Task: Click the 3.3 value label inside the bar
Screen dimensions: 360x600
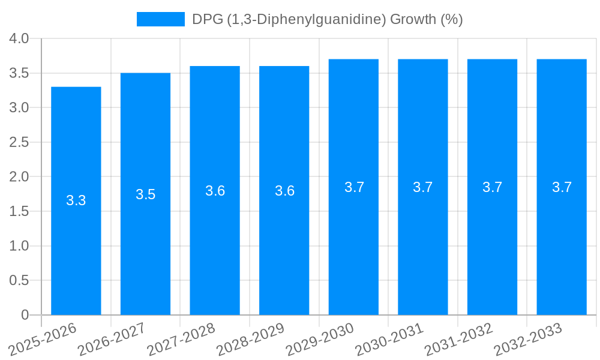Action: tap(76, 200)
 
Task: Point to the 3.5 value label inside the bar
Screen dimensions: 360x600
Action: tap(145, 194)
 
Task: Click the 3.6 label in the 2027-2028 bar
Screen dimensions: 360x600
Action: tap(215, 191)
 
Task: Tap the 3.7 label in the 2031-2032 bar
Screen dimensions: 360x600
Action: tap(492, 187)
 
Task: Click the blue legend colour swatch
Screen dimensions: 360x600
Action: tap(160, 19)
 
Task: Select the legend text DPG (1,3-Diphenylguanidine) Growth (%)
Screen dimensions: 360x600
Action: tap(327, 19)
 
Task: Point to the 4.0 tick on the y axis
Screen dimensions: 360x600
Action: tap(19, 39)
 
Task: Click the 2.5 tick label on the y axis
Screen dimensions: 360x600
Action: tap(19, 143)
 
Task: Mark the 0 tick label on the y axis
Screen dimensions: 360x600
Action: tap(25, 315)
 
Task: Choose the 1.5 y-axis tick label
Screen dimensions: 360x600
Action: tap(19, 212)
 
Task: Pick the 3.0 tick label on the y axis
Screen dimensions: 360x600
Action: tap(19, 108)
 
